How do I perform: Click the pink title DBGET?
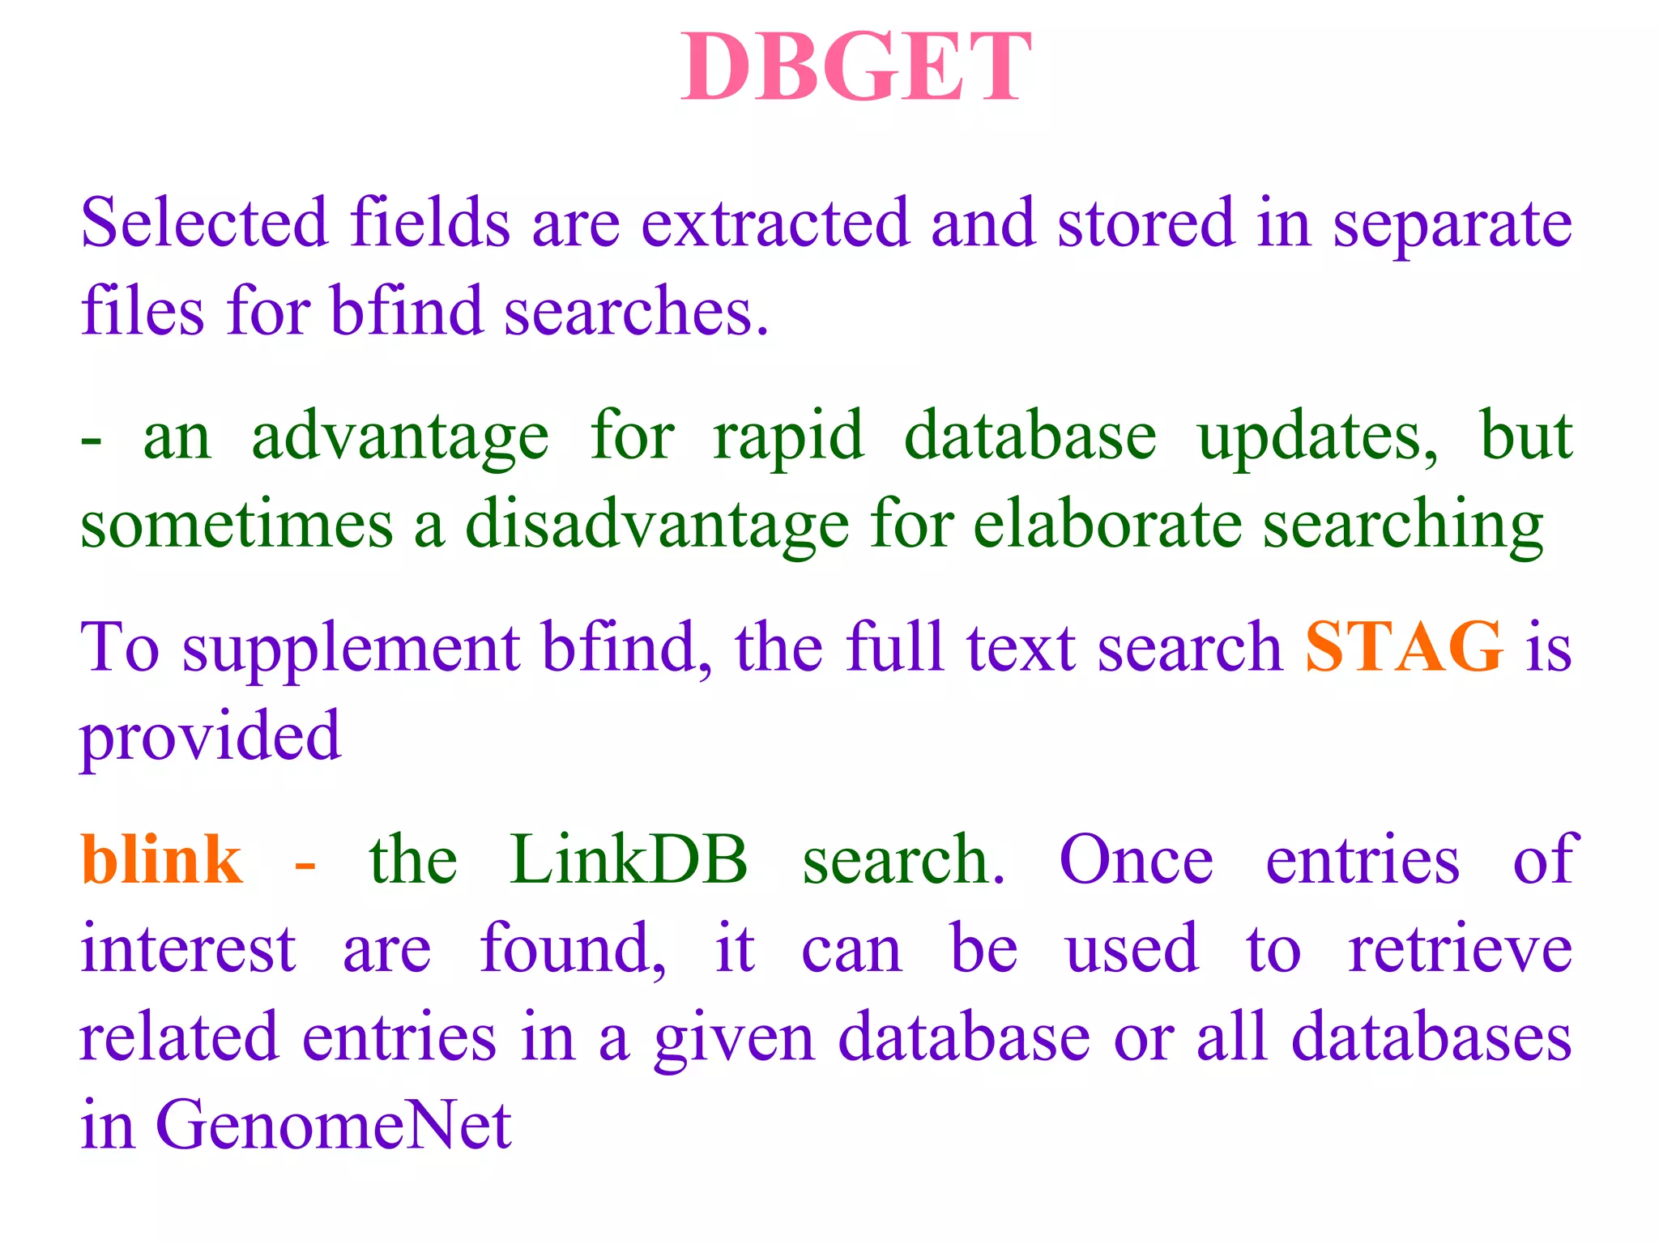pyautogui.click(x=855, y=68)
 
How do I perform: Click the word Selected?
pyautogui.click(x=203, y=223)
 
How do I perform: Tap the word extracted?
pyautogui.click(x=775, y=223)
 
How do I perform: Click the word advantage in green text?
pyautogui.click(x=400, y=438)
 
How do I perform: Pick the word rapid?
pyautogui.click(x=788, y=438)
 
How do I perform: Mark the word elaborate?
pyautogui.click(x=1107, y=525)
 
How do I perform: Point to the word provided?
pyautogui.click(x=211, y=737)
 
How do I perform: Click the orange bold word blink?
pyautogui.click(x=161, y=860)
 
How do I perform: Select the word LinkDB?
pyautogui.click(x=629, y=860)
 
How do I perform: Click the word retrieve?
pyautogui.click(x=1460, y=949)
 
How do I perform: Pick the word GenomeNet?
pyautogui.click(x=333, y=1126)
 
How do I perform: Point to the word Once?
pyautogui.click(x=1136, y=860)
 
